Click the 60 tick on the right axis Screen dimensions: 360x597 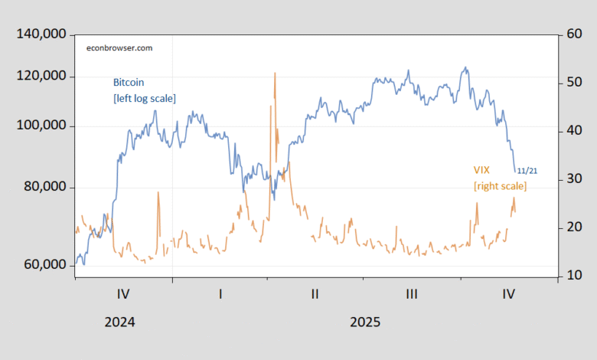pyautogui.click(x=573, y=35)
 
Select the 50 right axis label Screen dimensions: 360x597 pyautogui.click(x=573, y=83)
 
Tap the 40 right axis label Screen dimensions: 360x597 pyautogui.click(x=573, y=131)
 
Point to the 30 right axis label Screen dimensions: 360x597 pyautogui.click(x=573, y=179)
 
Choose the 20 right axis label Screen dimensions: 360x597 pyautogui.click(x=573, y=227)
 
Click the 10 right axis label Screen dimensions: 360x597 pyautogui.click(x=573, y=276)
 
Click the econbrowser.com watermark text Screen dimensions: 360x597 pyautogui.click(x=119, y=47)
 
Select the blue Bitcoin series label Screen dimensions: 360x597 pyautogui.click(x=129, y=82)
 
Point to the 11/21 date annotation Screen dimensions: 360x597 pyautogui.click(x=527, y=170)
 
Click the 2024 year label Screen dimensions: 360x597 pyautogui.click(x=119, y=322)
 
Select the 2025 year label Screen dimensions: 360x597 pyautogui.click(x=364, y=322)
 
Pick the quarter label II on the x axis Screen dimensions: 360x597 pyautogui.click(x=315, y=293)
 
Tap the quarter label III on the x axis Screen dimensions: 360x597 pyautogui.click(x=412, y=293)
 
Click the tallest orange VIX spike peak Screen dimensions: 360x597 pyautogui.click(x=274, y=74)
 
